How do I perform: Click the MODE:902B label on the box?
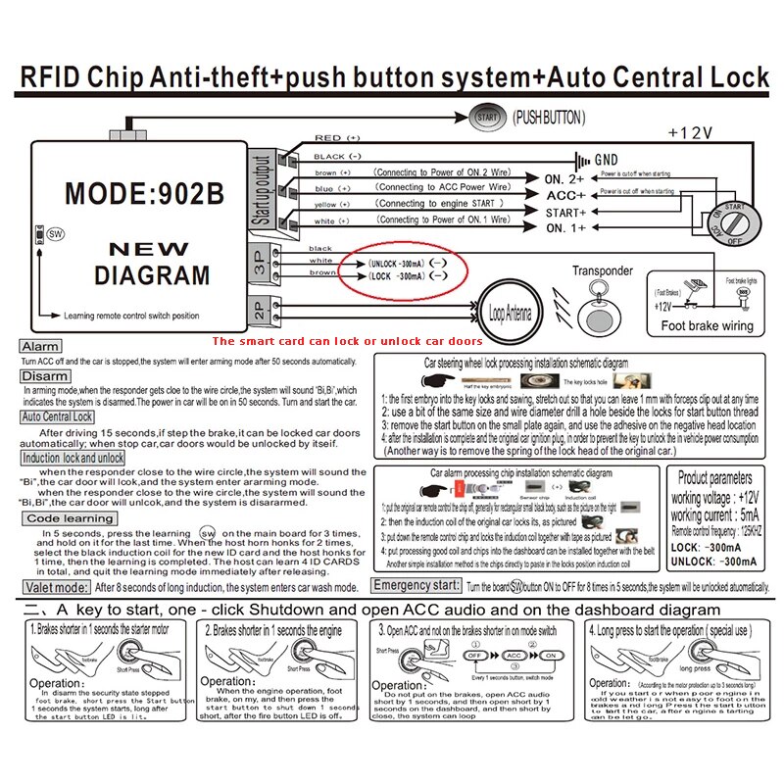(x=144, y=192)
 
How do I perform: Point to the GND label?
(x=607, y=158)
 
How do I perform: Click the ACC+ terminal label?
(x=564, y=195)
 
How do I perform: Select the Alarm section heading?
(x=40, y=347)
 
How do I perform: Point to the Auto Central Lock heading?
(x=58, y=416)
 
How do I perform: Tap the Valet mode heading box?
(x=55, y=587)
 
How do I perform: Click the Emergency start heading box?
(x=416, y=585)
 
